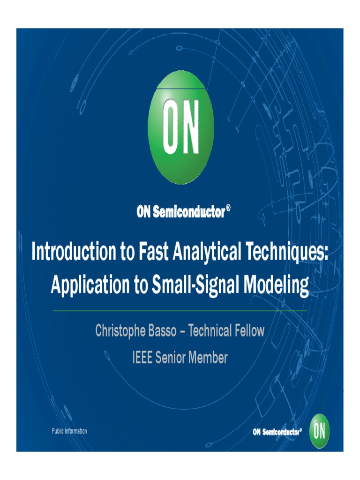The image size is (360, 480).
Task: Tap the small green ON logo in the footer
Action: click(x=319, y=431)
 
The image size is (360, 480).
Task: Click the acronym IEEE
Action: click(x=142, y=358)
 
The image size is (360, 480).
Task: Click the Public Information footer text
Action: click(x=69, y=431)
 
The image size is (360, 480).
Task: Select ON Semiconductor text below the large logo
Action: click(x=180, y=212)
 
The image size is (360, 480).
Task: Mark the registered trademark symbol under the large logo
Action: click(x=228, y=208)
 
